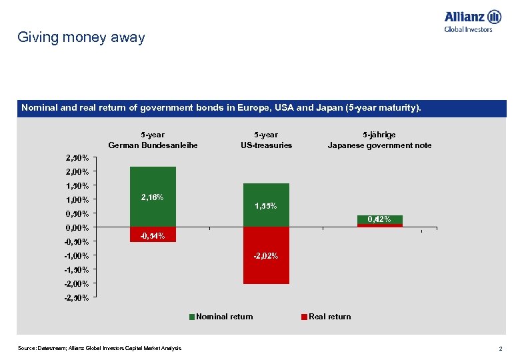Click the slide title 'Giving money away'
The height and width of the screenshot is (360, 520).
pos(81,38)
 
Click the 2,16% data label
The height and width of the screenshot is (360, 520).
pos(153,197)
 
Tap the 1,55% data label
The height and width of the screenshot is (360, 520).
pos(266,206)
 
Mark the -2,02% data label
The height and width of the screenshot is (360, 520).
pos(266,256)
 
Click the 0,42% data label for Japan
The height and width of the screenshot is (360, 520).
pos(379,219)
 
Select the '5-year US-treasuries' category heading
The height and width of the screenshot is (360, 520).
pos(266,140)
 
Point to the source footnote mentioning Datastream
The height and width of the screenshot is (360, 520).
pos(99,348)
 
